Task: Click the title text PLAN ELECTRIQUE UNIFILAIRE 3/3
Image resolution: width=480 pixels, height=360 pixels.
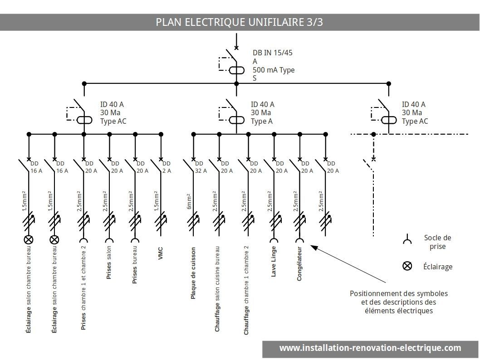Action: pyautogui.click(x=239, y=22)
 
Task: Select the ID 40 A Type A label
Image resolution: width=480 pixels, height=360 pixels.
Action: pyautogui.click(x=262, y=113)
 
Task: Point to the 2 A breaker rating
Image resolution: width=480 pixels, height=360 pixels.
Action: pyautogui.click(x=167, y=171)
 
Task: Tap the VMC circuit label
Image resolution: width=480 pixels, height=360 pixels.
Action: pyautogui.click(x=161, y=253)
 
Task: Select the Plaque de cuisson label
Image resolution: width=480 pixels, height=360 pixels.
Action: pyautogui.click(x=193, y=273)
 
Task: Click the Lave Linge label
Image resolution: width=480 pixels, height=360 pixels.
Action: pyautogui.click(x=274, y=262)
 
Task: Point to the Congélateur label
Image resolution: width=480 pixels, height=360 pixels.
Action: pyautogui.click(x=299, y=264)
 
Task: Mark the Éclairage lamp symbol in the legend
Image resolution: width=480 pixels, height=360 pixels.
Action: pyautogui.click(x=407, y=266)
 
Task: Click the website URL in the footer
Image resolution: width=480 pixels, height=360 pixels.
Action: pyautogui.click(x=370, y=348)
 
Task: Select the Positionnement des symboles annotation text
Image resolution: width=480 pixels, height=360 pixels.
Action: pyautogui.click(x=398, y=302)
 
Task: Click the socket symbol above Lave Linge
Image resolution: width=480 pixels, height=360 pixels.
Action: pyautogui.click(x=274, y=241)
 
